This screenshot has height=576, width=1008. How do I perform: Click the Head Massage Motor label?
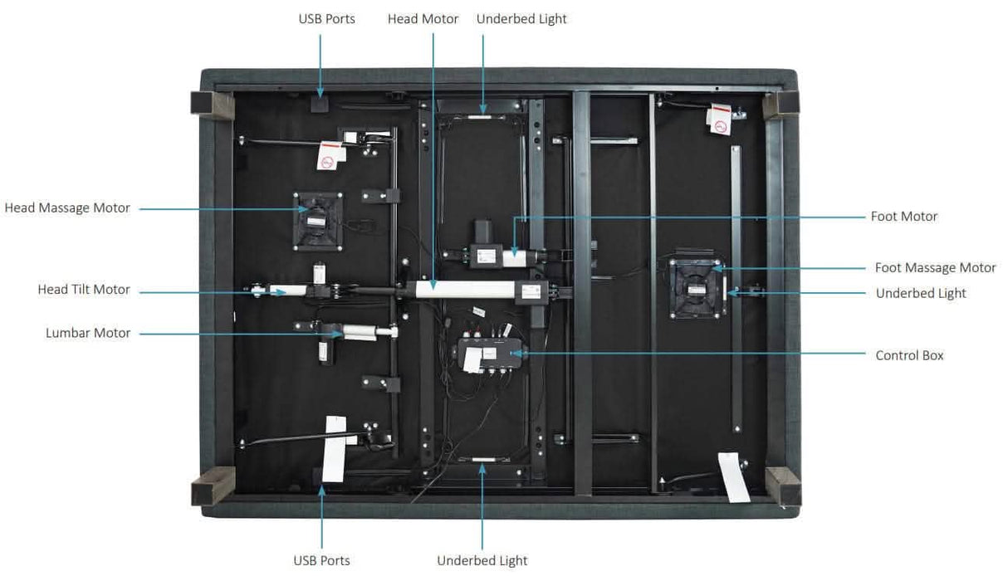coord(67,208)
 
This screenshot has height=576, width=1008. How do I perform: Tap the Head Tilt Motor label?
coord(84,290)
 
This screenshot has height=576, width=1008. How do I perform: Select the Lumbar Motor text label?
coord(88,333)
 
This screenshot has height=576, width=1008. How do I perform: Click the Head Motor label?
coord(423,19)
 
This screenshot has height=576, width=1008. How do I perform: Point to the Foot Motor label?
coord(904,217)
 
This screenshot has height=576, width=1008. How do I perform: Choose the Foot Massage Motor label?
coord(935,268)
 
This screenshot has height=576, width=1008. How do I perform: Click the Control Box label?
coord(909,355)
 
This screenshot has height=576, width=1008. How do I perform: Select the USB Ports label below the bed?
coord(321,560)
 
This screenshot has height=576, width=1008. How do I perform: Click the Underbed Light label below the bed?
coord(482,560)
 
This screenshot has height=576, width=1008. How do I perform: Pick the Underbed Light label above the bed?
coord(521,19)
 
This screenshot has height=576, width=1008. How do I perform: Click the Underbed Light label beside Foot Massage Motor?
coord(921,293)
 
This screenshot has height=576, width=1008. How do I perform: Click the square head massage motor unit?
coord(317,221)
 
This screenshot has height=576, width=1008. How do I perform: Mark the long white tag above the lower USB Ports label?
coord(334,447)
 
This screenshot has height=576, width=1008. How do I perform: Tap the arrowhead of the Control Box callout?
coord(520,354)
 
